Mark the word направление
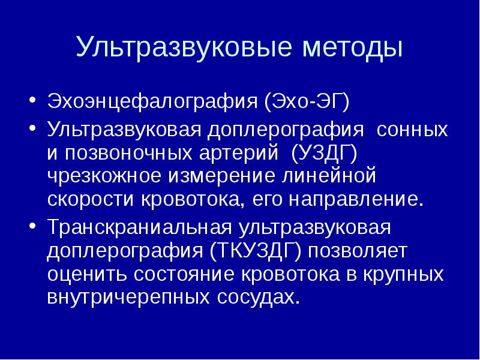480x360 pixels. [356, 200]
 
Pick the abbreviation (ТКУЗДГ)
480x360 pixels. [254, 252]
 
